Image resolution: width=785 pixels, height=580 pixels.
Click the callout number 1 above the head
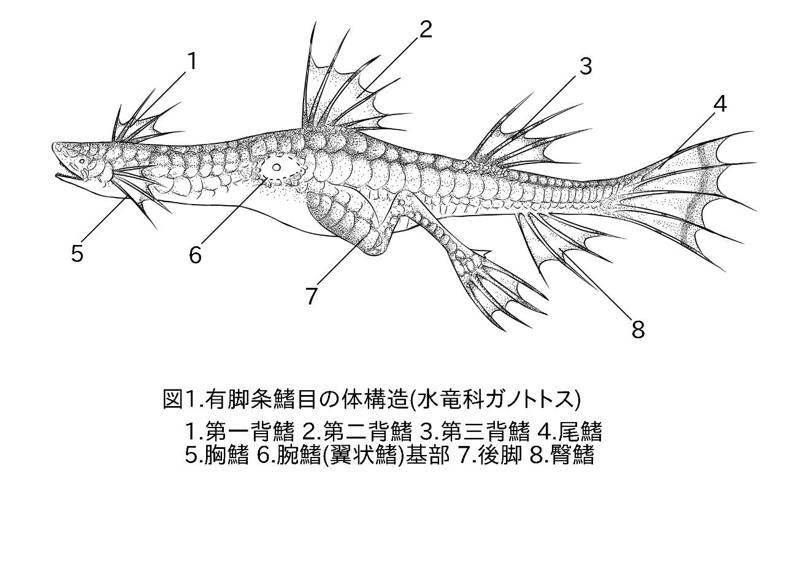pyautogui.click(x=192, y=62)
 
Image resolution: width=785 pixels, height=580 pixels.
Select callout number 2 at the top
pyautogui.click(x=426, y=30)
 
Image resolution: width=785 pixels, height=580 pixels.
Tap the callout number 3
pyautogui.click(x=586, y=67)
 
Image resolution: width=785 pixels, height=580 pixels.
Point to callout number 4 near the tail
pyautogui.click(x=720, y=105)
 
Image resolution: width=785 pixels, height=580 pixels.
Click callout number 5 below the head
pyautogui.click(x=77, y=253)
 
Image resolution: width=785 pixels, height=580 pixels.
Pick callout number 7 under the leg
pyautogui.click(x=312, y=296)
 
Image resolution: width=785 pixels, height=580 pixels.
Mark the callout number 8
pyautogui.click(x=638, y=330)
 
